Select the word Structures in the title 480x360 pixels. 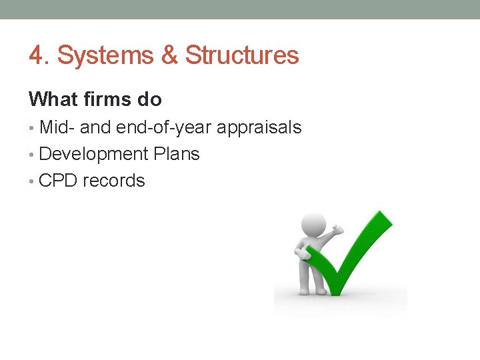click(242, 56)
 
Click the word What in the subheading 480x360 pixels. click(53, 100)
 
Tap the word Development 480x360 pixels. click(93, 155)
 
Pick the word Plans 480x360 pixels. click(177, 154)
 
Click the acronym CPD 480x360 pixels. click(58, 181)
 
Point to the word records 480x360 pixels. click(113, 181)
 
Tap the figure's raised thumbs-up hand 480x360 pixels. click(337, 230)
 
